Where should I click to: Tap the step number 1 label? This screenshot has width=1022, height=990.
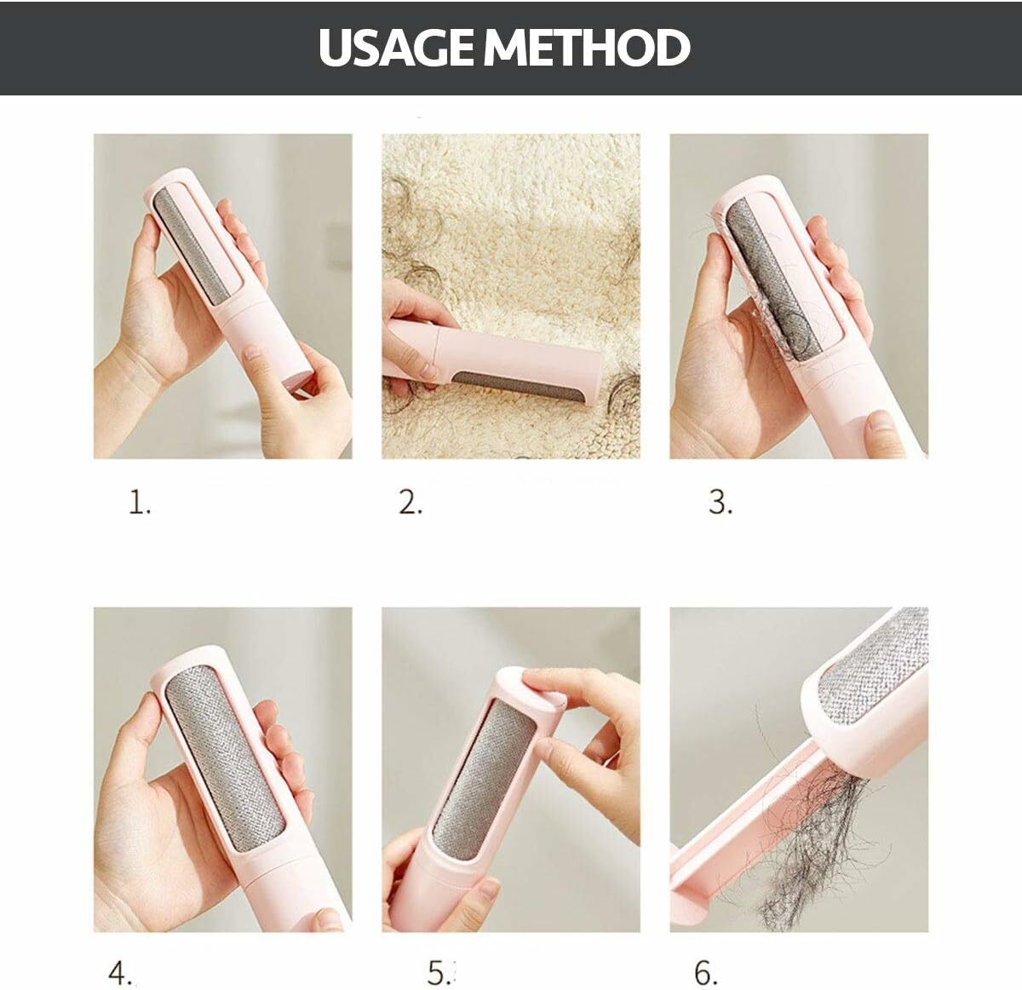[x=140, y=502]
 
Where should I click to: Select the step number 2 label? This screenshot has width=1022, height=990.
[x=411, y=502]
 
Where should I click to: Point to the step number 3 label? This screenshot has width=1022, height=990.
[x=721, y=502]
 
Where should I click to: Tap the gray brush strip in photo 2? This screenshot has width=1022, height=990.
[x=518, y=386]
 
